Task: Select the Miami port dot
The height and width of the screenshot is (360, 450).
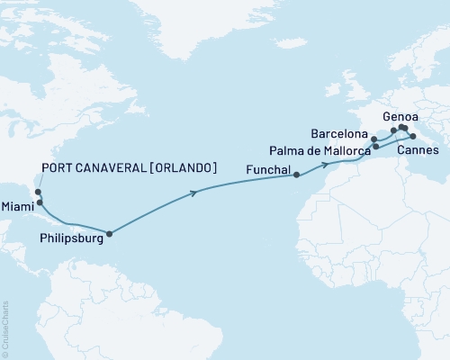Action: point(40,202)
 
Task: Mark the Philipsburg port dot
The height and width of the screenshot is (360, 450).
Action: point(110,234)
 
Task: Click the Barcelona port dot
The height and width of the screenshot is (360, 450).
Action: point(374,139)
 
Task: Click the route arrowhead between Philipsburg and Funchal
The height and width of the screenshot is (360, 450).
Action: point(193,192)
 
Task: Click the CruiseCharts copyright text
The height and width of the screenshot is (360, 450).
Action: point(4,328)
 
